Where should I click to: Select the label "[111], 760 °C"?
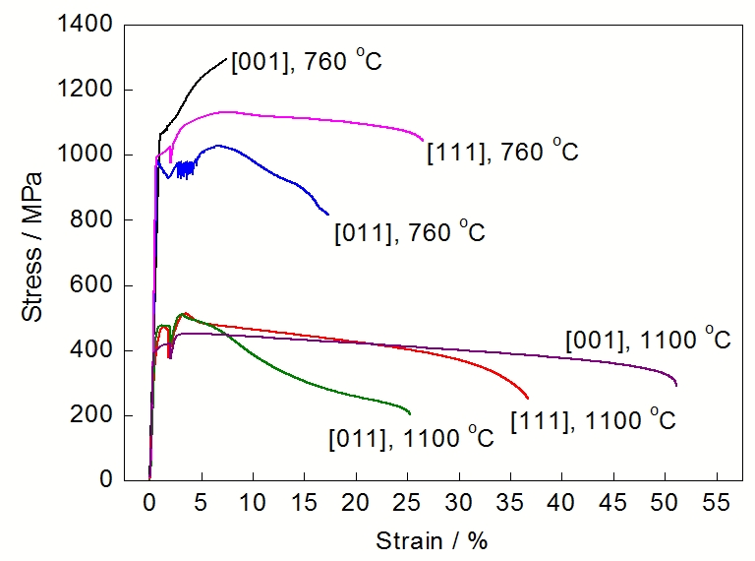(502, 152)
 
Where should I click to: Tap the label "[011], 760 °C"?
(410, 233)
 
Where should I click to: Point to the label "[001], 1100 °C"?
(648, 341)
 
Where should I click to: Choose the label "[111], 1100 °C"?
(594, 420)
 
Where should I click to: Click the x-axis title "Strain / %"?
(432, 540)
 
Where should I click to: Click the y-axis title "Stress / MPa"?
(32, 247)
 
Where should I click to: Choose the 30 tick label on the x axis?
(459, 502)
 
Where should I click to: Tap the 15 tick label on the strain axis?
(305, 502)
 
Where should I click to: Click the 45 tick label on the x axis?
(613, 502)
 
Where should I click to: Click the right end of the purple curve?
(676, 385)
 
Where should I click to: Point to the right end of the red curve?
(528, 398)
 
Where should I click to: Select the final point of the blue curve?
(328, 214)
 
